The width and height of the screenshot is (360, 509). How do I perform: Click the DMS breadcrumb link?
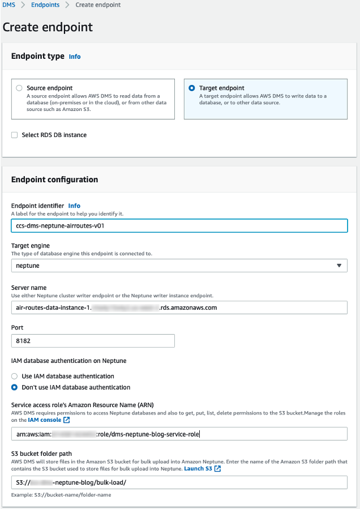coord(9,5)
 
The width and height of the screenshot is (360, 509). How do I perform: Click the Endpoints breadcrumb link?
coord(45,5)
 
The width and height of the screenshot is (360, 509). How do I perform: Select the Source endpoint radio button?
coord(19,88)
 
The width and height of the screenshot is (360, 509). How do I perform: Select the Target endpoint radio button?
coord(192,88)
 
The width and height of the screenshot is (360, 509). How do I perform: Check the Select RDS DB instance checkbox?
coord(15,135)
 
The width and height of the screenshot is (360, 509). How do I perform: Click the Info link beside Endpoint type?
coord(75,57)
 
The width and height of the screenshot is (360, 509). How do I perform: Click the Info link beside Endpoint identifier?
coord(74,206)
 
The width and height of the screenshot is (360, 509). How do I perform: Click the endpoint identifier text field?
coord(179,225)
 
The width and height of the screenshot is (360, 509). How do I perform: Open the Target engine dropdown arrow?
coord(339,266)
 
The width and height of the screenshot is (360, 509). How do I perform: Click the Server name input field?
coord(179,307)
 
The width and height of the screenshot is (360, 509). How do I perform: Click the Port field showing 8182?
coord(93,341)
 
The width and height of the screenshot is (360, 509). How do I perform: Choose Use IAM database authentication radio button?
coord(15,376)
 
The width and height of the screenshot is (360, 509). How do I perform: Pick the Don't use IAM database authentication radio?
coord(15,388)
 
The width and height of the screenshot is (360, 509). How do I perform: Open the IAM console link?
coord(49,420)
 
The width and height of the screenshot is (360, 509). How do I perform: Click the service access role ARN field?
coord(179,434)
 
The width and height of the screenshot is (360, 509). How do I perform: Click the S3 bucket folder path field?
coord(179,482)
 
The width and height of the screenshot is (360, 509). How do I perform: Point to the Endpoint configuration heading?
coord(55,179)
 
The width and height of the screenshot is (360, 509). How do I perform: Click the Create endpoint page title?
coord(48,27)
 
